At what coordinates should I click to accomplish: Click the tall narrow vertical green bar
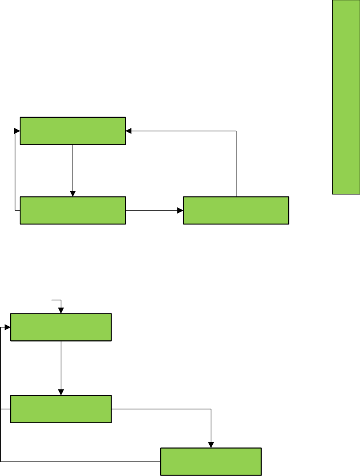coord(346,103)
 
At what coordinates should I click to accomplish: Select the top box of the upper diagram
coord(73,131)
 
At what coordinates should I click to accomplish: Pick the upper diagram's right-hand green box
coord(236,210)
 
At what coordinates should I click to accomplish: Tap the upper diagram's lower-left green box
coord(73,210)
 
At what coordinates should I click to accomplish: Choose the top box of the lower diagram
coord(61,327)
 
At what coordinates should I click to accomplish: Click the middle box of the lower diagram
coord(61,409)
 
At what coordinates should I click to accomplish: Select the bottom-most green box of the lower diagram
coord(211,462)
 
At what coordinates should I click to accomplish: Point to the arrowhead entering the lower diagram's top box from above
coord(61,311)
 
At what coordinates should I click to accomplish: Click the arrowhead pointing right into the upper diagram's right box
coord(180,210)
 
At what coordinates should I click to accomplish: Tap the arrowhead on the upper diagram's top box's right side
coord(128,131)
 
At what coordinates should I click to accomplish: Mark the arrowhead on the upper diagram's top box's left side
coord(17,131)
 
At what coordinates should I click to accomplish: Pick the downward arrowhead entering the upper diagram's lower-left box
coord(73,194)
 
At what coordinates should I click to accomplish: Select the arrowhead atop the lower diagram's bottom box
coord(211,445)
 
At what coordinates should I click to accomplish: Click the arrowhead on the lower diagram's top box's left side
coord(8,327)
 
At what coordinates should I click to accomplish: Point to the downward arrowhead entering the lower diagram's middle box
coord(61,392)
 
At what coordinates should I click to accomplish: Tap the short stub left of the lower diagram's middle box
coord(5,409)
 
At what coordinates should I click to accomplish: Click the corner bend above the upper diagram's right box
coord(236,131)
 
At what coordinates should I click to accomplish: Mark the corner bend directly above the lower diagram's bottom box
coord(211,409)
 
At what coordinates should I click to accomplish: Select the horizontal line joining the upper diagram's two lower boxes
coord(152,210)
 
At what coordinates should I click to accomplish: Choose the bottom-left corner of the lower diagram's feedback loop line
coord(1,462)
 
